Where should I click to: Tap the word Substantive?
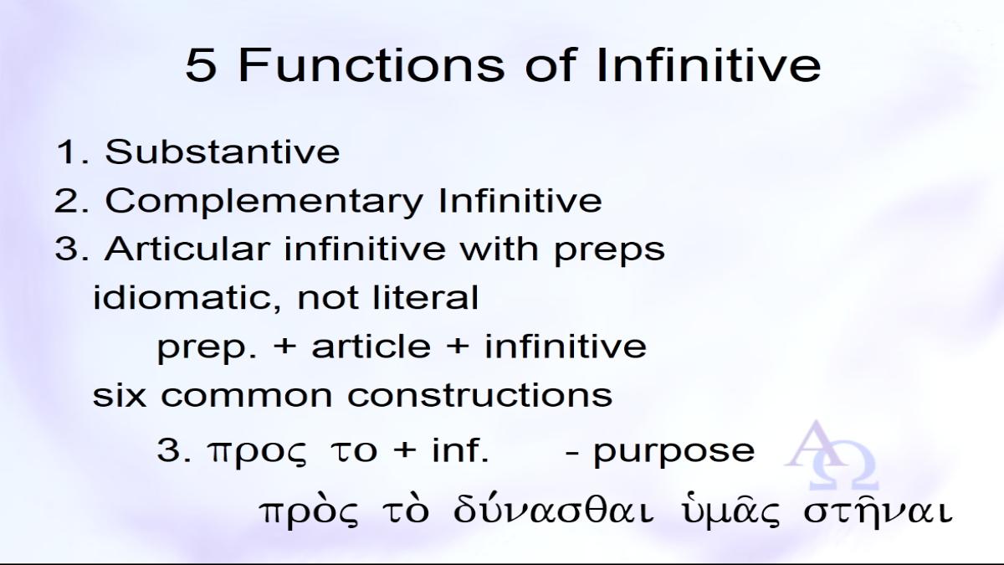point(222,152)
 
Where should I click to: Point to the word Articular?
point(187,248)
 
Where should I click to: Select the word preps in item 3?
point(609,250)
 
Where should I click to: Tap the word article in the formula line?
point(371,346)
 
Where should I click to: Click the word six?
point(119,394)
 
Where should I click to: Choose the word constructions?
point(479,395)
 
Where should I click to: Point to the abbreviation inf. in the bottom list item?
point(460,449)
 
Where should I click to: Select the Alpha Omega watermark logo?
point(832,455)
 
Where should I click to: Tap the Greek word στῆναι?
point(877,511)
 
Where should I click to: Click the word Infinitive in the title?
point(709,65)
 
